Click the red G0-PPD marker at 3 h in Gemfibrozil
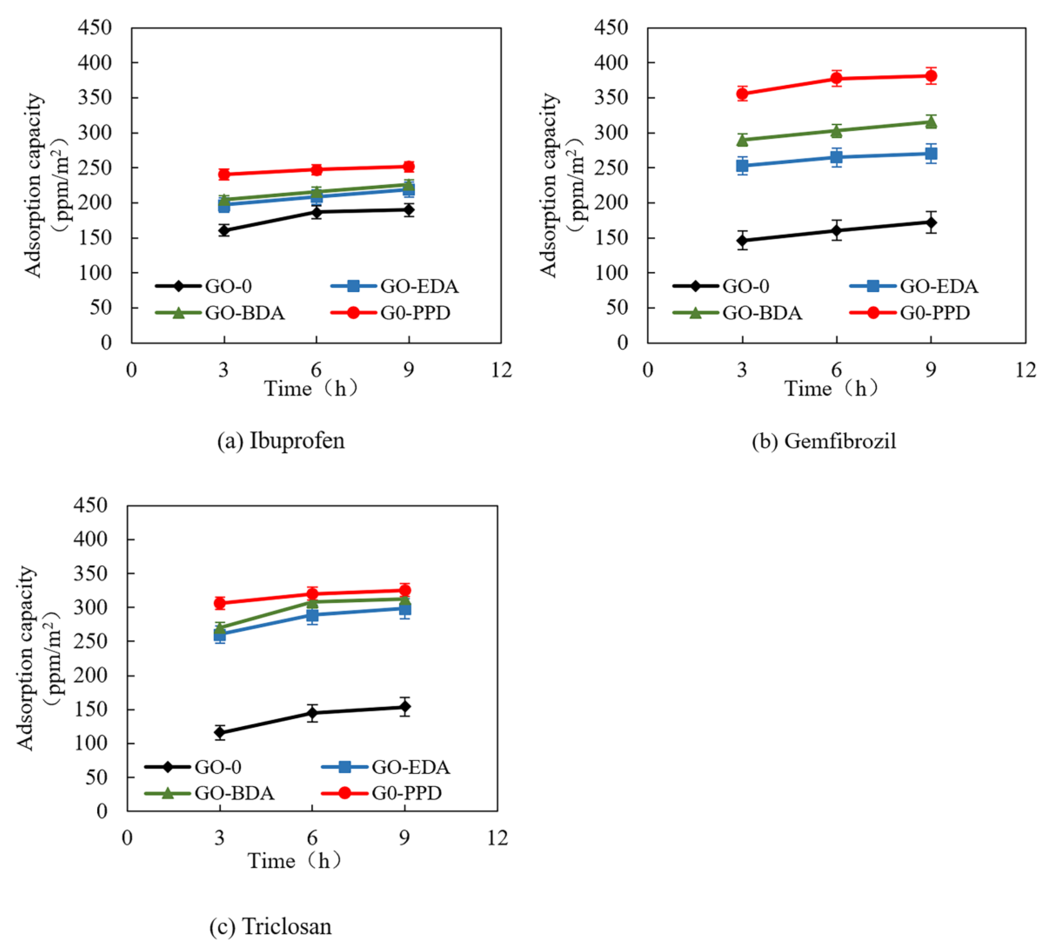[742, 94]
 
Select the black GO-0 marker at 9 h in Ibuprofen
[409, 210]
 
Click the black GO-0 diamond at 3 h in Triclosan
[220, 732]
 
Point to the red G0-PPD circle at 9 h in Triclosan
[404, 590]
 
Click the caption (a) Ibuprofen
[281, 441]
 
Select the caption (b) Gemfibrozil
[823, 441]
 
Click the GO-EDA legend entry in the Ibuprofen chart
[395, 286]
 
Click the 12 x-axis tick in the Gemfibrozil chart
[1025, 370]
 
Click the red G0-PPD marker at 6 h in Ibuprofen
[316, 170]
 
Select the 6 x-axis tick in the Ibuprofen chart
[316, 370]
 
